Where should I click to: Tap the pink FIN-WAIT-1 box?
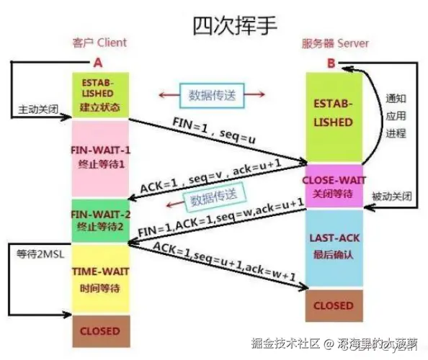(x=100, y=156)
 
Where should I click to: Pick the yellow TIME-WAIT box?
(x=100, y=279)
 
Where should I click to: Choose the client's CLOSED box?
(x=100, y=332)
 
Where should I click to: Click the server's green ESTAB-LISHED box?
(x=333, y=114)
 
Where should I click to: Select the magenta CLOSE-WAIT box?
(x=333, y=185)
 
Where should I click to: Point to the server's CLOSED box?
(x=333, y=305)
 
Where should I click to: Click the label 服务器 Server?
(x=334, y=43)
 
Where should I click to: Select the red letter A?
(x=99, y=62)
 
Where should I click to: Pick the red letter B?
(x=331, y=63)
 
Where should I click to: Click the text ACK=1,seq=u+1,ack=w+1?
(x=226, y=264)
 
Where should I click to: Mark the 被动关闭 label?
(x=392, y=197)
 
